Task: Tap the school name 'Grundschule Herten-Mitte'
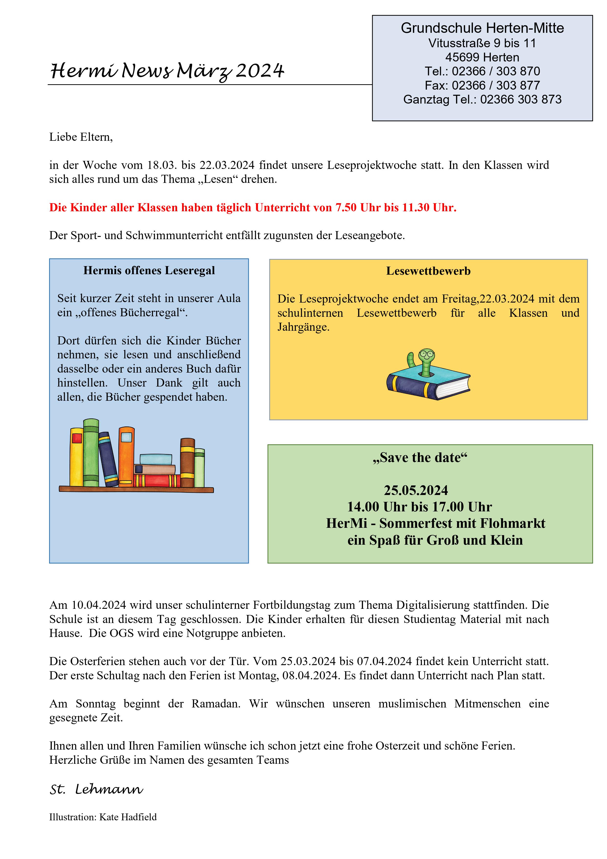click(482, 28)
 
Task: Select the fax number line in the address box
click(482, 85)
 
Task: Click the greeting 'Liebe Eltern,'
click(81, 137)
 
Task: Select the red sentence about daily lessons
click(253, 208)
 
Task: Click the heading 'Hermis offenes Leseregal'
click(149, 271)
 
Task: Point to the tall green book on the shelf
click(91, 453)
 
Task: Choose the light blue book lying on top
click(156, 459)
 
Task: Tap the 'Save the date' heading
click(420, 458)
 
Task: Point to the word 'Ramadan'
click(216, 704)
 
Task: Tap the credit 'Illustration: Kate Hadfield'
click(103, 817)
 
